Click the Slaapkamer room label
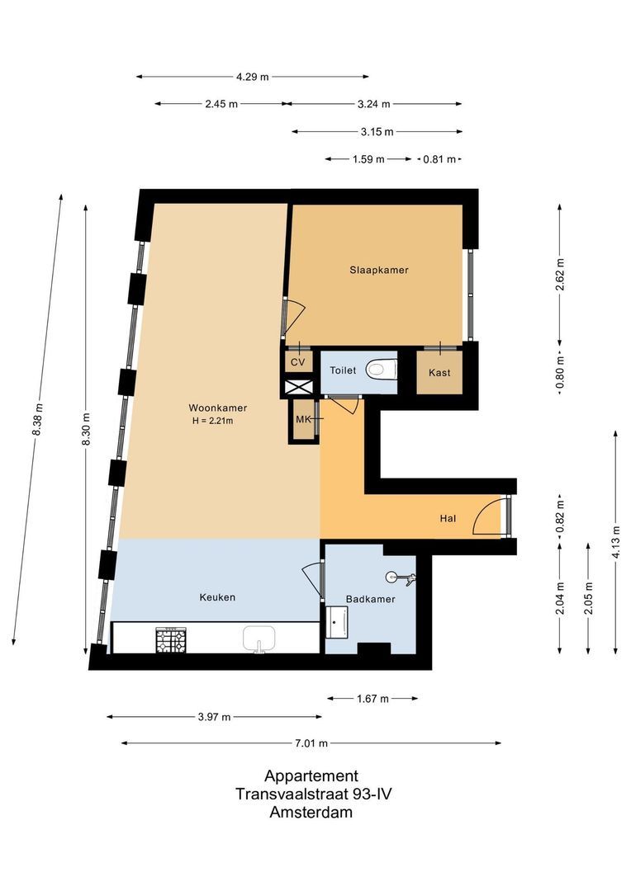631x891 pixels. pos(377,270)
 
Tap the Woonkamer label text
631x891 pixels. pos(217,408)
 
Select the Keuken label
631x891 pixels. pos(217,597)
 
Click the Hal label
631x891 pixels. pos(448,519)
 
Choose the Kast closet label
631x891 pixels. pos(439,373)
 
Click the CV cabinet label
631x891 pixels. pos(298,362)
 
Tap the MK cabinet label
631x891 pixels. pos(303,420)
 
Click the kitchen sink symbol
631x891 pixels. pos(259,638)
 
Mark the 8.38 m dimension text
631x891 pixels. pos(38,421)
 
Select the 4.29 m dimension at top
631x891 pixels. pos(252,77)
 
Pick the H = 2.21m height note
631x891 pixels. pos(212,422)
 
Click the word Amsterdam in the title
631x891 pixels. pos(311,812)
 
